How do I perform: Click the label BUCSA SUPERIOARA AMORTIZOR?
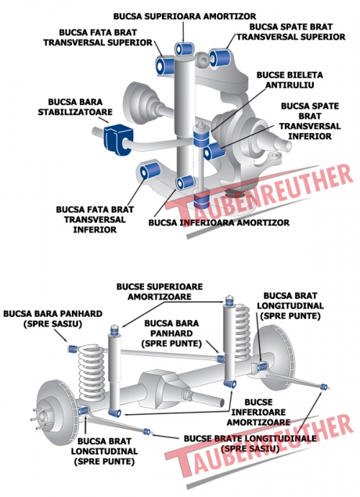[184, 16]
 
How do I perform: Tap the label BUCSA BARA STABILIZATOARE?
[75, 107]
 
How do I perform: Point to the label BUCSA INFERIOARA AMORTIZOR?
[219, 223]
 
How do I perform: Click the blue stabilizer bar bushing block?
[117, 140]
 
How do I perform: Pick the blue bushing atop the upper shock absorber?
[184, 48]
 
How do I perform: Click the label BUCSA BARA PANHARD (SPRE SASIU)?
[53, 319]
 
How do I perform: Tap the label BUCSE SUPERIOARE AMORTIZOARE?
[159, 292]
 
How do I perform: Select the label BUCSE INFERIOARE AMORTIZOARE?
[258, 412]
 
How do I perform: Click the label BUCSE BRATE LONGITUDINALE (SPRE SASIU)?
[250, 444]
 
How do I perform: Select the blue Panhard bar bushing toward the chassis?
[73, 349]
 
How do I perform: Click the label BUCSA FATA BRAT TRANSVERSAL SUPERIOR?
[98, 37]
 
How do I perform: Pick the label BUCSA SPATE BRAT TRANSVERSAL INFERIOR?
[310, 121]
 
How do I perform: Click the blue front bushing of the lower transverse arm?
[150, 170]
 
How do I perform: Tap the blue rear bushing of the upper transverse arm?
[220, 58]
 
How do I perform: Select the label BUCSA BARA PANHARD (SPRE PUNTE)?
[171, 333]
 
